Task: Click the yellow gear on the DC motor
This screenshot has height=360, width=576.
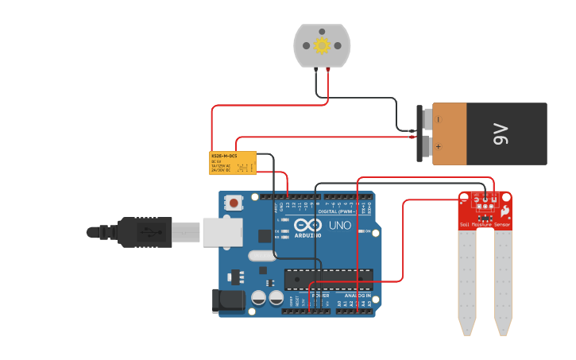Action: (x=322, y=45)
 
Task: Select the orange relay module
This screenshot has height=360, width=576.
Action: (x=232, y=163)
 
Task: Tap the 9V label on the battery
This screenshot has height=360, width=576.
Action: (x=500, y=134)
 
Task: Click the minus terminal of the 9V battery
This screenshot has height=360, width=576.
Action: (x=427, y=120)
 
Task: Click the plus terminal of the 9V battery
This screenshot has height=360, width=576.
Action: (x=427, y=146)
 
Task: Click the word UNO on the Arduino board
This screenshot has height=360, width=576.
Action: (x=340, y=226)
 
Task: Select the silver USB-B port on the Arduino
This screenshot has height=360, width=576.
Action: (x=222, y=232)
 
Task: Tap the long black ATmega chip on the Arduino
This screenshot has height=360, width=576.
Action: (x=328, y=279)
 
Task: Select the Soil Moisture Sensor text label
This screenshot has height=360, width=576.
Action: (x=485, y=225)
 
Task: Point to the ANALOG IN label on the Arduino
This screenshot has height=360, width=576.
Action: (x=354, y=296)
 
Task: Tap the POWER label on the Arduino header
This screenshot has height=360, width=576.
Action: (x=320, y=296)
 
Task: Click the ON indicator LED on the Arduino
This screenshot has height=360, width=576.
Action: (x=362, y=231)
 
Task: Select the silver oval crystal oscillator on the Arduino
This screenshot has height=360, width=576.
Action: (x=261, y=256)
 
